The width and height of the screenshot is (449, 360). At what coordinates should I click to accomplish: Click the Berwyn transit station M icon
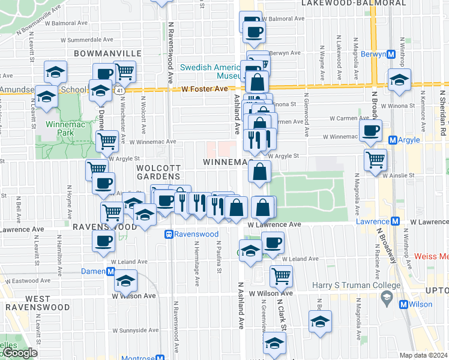pyautogui.click(x=391, y=54)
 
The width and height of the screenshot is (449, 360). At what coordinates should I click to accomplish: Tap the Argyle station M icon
pyautogui.click(x=393, y=140)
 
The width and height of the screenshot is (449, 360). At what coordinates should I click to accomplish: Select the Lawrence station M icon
pyautogui.click(x=395, y=221)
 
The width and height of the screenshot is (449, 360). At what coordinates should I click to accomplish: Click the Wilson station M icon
pyautogui.click(x=405, y=304)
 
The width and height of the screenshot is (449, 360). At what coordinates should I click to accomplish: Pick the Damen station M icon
pyautogui.click(x=110, y=271)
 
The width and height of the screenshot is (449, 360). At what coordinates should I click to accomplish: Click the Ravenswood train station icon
pyautogui.click(x=170, y=234)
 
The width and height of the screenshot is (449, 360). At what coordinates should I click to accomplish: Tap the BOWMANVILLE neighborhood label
pyautogui.click(x=107, y=53)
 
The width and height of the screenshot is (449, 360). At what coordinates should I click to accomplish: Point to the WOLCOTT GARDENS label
pyautogui.click(x=158, y=172)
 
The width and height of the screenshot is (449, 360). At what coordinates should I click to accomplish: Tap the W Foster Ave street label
pyautogui.click(x=205, y=89)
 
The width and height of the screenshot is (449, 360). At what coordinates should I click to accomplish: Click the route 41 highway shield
pyautogui.click(x=121, y=90)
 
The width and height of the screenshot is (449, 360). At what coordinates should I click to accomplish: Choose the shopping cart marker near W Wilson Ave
pyautogui.click(x=280, y=275)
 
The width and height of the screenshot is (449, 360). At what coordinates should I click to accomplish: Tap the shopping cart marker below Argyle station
pyautogui.click(x=375, y=160)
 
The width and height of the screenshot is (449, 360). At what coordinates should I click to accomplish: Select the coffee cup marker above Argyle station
pyautogui.click(x=370, y=130)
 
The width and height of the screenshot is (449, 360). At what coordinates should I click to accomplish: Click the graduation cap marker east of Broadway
pyautogui.click(x=399, y=79)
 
